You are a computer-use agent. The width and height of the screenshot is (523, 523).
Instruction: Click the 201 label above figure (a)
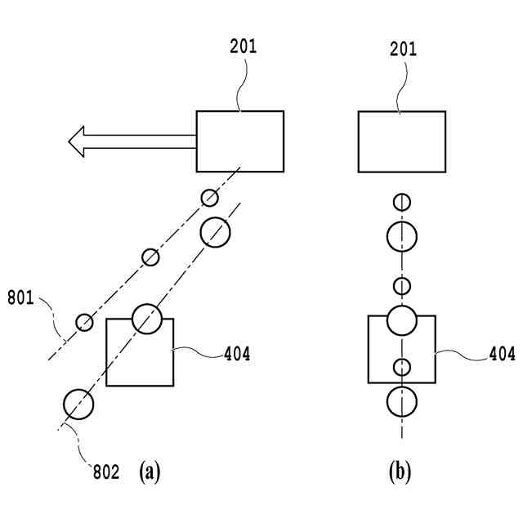(244, 47)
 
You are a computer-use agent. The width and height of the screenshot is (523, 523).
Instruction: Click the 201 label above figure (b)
(403, 49)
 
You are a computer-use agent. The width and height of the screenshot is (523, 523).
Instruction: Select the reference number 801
(20, 297)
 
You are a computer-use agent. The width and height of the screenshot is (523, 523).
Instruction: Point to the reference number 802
(106, 472)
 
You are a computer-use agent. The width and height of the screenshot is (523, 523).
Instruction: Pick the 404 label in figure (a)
(237, 354)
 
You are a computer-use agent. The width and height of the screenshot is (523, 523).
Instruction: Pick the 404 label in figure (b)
(502, 354)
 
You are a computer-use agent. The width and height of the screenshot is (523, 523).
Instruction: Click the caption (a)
(150, 472)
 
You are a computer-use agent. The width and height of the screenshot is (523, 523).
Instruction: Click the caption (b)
(400, 472)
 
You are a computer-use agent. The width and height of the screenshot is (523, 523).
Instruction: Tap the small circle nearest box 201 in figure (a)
(210, 198)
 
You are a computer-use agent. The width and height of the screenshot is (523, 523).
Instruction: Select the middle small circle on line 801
(150, 257)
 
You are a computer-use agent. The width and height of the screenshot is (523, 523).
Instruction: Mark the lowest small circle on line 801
(84, 322)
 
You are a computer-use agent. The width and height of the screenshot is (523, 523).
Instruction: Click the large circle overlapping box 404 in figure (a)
(147, 319)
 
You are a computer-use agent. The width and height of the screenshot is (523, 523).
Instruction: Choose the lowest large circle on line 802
(78, 405)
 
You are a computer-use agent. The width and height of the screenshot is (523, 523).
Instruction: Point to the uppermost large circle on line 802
(215, 232)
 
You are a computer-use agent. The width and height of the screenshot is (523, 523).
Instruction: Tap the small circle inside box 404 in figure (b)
(402, 367)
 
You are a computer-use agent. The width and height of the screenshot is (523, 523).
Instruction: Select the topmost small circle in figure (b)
(402, 202)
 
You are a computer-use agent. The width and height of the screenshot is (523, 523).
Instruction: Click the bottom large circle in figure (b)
(402, 401)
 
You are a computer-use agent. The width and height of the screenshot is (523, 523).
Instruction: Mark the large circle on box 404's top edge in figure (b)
(402, 320)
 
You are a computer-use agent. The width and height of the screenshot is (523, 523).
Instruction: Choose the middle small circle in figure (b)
(402, 286)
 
